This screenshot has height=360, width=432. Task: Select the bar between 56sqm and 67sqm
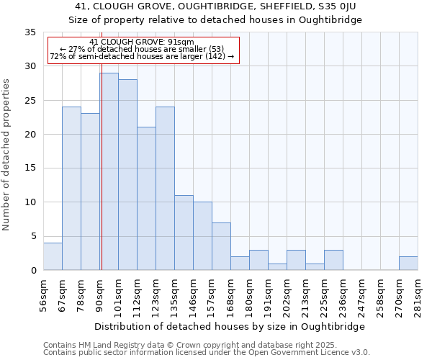(x=53, y=256)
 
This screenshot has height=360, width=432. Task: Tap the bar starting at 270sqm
(x=408, y=264)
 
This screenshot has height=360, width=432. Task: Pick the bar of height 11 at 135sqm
(x=184, y=233)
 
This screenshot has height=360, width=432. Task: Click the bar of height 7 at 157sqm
(x=221, y=246)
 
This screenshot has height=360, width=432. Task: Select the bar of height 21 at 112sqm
(x=146, y=199)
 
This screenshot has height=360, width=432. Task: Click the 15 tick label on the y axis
(x=30, y=168)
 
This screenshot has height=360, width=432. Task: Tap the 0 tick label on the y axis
(x=32, y=271)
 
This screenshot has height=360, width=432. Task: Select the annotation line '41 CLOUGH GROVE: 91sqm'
(x=142, y=42)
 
